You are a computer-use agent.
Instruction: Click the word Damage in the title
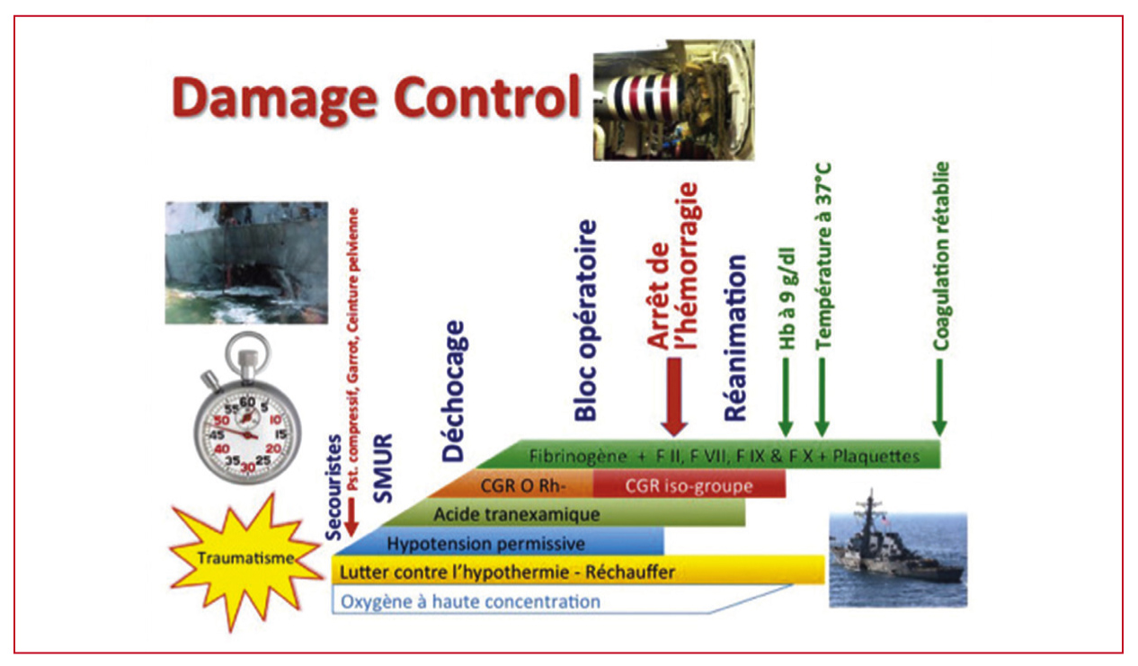[275, 99]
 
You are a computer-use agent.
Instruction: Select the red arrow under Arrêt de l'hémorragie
[673, 396]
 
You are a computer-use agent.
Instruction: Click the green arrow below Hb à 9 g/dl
[786, 396]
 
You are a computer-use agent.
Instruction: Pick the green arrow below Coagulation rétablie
[939, 396]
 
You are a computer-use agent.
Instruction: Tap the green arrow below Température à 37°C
[822, 396]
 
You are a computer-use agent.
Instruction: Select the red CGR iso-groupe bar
[689, 485]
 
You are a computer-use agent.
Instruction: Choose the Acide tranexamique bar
[564, 513]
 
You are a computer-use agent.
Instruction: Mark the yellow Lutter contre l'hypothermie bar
[578, 571]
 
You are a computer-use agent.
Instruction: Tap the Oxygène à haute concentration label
[470, 601]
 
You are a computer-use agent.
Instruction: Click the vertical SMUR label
[383, 468]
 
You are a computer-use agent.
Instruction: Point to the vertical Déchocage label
[453, 391]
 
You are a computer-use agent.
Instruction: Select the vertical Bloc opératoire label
[585, 321]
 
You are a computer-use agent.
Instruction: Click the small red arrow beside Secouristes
[351, 518]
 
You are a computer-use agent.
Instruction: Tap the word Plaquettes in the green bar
[876, 457]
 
